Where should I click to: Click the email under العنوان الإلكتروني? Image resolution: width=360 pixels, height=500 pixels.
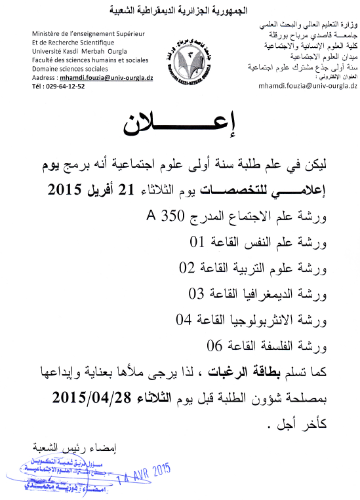(x=306, y=86)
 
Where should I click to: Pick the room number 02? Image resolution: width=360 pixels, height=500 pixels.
(x=188, y=268)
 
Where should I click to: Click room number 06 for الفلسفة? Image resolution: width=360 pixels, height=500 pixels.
(x=216, y=345)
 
